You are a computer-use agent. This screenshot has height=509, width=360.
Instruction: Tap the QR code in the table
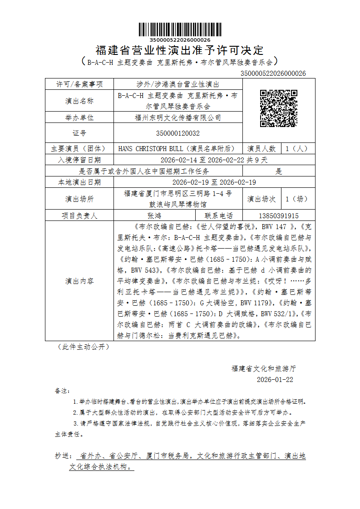[278, 108]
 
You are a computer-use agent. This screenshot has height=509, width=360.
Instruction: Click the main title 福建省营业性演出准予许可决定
[180, 50]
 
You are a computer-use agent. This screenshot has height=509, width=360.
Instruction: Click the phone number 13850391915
[278, 216]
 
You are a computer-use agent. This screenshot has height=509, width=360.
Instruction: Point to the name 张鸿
[154, 216]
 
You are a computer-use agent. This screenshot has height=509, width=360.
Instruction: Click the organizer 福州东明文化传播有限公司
[178, 117]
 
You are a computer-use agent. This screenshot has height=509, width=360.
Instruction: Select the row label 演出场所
[79, 199]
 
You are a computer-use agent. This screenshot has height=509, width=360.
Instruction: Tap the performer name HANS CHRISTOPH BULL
[150, 148]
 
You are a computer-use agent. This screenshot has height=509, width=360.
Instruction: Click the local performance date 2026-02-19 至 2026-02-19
[214, 182]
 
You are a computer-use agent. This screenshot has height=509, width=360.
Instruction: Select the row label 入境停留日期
[79, 160]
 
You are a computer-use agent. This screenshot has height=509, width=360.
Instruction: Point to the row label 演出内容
[79, 281]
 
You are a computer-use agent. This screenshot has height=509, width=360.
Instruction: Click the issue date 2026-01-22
[275, 379]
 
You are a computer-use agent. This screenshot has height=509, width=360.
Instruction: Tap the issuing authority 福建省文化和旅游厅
[264, 368]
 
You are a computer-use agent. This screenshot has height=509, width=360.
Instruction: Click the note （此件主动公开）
[83, 347]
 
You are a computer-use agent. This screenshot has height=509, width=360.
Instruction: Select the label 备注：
[62, 391]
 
